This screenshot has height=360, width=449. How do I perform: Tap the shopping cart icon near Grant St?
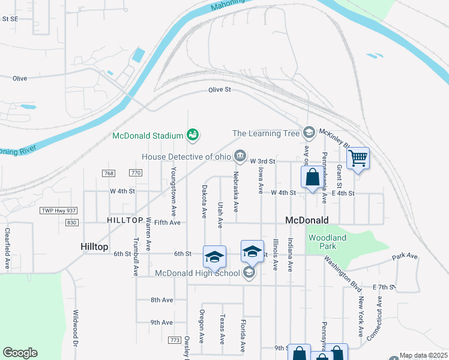coord(358,159)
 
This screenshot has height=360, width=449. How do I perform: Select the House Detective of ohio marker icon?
coord(240,157)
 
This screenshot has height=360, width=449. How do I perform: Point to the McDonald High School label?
coord(197,274)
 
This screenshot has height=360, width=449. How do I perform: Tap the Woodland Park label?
coord(327,242)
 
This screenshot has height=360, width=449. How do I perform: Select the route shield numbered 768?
coord(109,173)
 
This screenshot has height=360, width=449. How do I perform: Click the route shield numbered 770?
coord(136,173)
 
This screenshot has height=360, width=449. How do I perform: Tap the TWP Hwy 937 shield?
coord(59,211)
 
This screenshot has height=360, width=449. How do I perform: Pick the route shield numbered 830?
coord(73,222)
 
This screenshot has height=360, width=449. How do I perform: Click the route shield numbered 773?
coord(175,340)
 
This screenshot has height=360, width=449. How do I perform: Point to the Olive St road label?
coord(220,89)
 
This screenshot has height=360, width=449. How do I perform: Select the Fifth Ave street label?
coord(167,223)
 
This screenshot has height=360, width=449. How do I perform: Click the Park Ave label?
coord(405,256)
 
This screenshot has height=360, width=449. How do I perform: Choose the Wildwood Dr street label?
coord(76,329)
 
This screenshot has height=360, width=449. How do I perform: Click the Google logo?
coord(20,353)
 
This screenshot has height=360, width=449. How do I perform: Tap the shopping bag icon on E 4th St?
coord(312,178)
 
